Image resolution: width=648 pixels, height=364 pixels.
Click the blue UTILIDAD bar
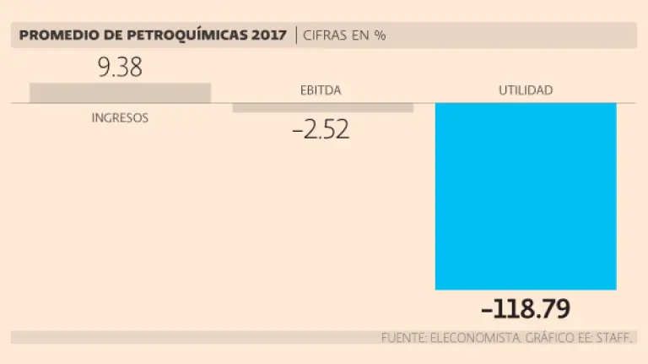tap(526, 196)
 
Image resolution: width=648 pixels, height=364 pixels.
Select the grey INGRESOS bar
tap(120, 93)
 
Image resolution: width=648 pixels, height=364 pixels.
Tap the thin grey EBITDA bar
tap(322, 107)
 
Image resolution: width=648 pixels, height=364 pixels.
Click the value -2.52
tap(321, 131)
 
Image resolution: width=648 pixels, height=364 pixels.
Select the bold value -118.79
tap(524, 308)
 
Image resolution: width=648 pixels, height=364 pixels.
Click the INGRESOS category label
tap(120, 118)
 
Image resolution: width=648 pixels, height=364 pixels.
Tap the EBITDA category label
tap(321, 90)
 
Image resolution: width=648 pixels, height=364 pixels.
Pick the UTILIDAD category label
tap(525, 90)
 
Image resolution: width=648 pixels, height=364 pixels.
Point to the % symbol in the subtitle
tap(381, 35)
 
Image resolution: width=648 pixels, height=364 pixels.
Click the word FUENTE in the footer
tap(402, 338)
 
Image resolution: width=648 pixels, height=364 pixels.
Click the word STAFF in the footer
tap(615, 338)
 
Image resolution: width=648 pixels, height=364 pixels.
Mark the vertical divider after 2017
tap(296, 35)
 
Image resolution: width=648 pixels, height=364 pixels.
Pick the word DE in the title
tap(101, 35)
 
